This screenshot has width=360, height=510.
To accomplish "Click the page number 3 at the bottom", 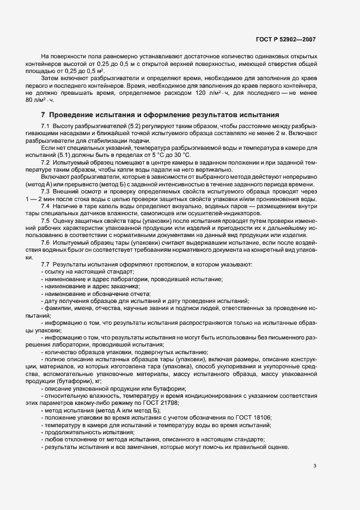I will tap(315, 466).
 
